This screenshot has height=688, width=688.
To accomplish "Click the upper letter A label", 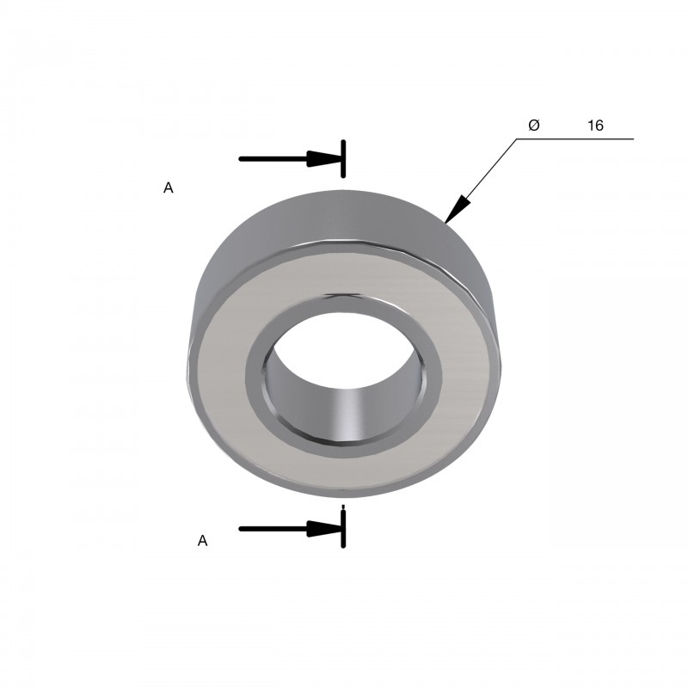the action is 168,187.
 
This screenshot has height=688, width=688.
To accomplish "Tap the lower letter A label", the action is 202,541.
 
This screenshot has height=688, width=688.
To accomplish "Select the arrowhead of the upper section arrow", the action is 324,159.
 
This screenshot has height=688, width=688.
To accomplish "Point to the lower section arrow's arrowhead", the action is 324,529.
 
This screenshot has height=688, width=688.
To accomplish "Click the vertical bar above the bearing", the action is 343,159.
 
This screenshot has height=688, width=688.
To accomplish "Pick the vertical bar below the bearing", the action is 343,530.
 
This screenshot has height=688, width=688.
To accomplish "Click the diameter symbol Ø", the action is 534,125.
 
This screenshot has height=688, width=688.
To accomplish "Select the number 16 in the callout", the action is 595,126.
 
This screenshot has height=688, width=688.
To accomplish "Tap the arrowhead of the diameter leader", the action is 457,209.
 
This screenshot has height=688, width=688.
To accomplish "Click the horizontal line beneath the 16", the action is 574,139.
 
